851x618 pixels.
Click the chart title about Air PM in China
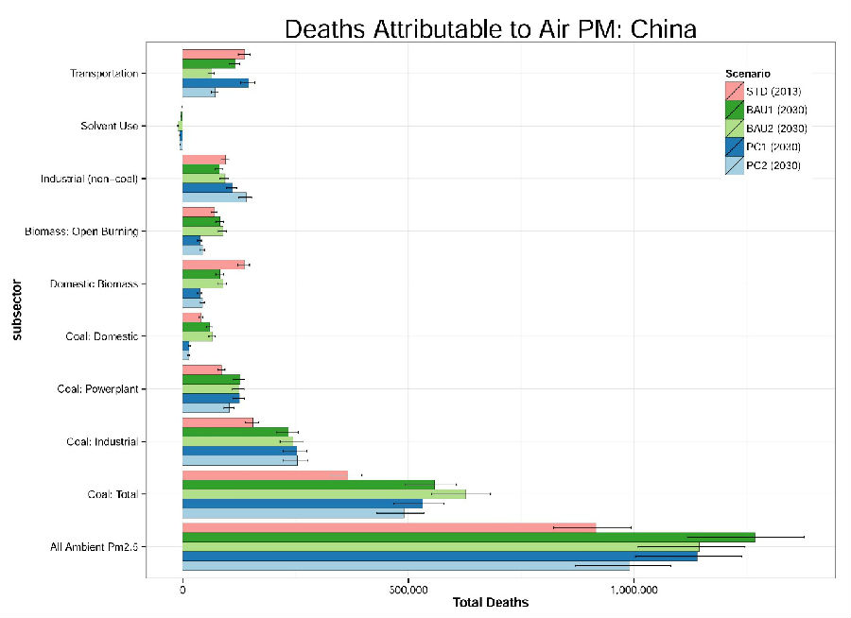pos(490,28)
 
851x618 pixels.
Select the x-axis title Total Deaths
pos(490,602)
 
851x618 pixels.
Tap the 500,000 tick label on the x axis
pos(407,588)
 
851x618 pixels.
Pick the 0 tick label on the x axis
pos(182,588)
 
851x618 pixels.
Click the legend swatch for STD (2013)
pos(734,91)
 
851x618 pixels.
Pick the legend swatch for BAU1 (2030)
pos(734,110)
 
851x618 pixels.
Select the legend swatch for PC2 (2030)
pos(734,165)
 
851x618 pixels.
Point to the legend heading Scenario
pos(747,73)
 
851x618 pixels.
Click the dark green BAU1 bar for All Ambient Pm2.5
pos(468,537)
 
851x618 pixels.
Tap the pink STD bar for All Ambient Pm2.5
pos(389,526)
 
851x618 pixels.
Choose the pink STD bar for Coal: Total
pos(265,474)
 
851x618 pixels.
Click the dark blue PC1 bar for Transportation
pos(215,83)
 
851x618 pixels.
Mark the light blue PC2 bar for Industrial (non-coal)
pos(214,197)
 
